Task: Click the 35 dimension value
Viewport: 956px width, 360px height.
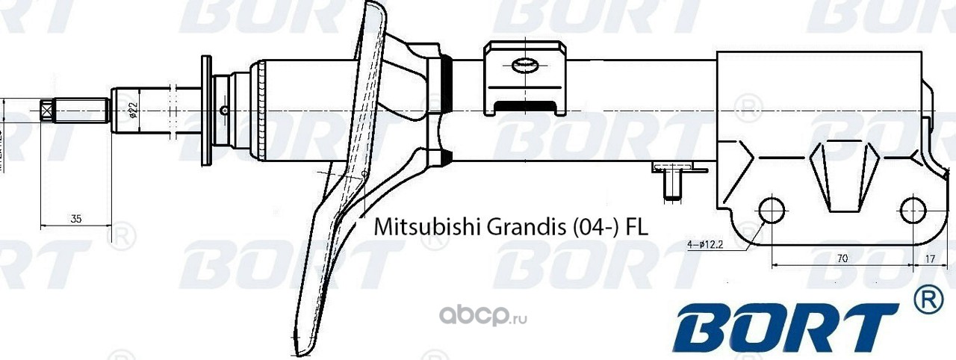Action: pos(76,219)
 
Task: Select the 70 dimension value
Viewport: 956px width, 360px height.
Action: pos(842,258)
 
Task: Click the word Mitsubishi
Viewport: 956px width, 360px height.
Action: pos(426,225)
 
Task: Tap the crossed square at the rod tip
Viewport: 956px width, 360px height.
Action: pos(46,111)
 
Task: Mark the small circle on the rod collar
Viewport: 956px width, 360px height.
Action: pos(224,111)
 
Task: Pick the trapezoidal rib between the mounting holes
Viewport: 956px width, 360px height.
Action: pos(842,176)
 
